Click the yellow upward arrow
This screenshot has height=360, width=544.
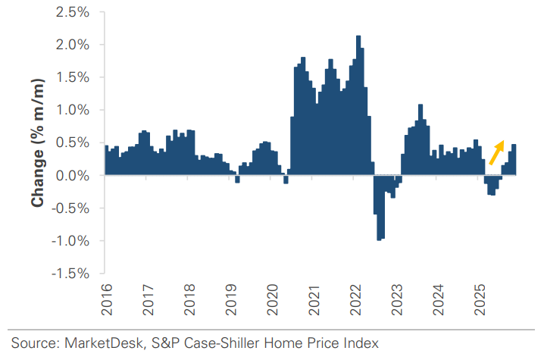tap(496, 152)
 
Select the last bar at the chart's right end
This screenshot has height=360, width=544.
tap(514, 160)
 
